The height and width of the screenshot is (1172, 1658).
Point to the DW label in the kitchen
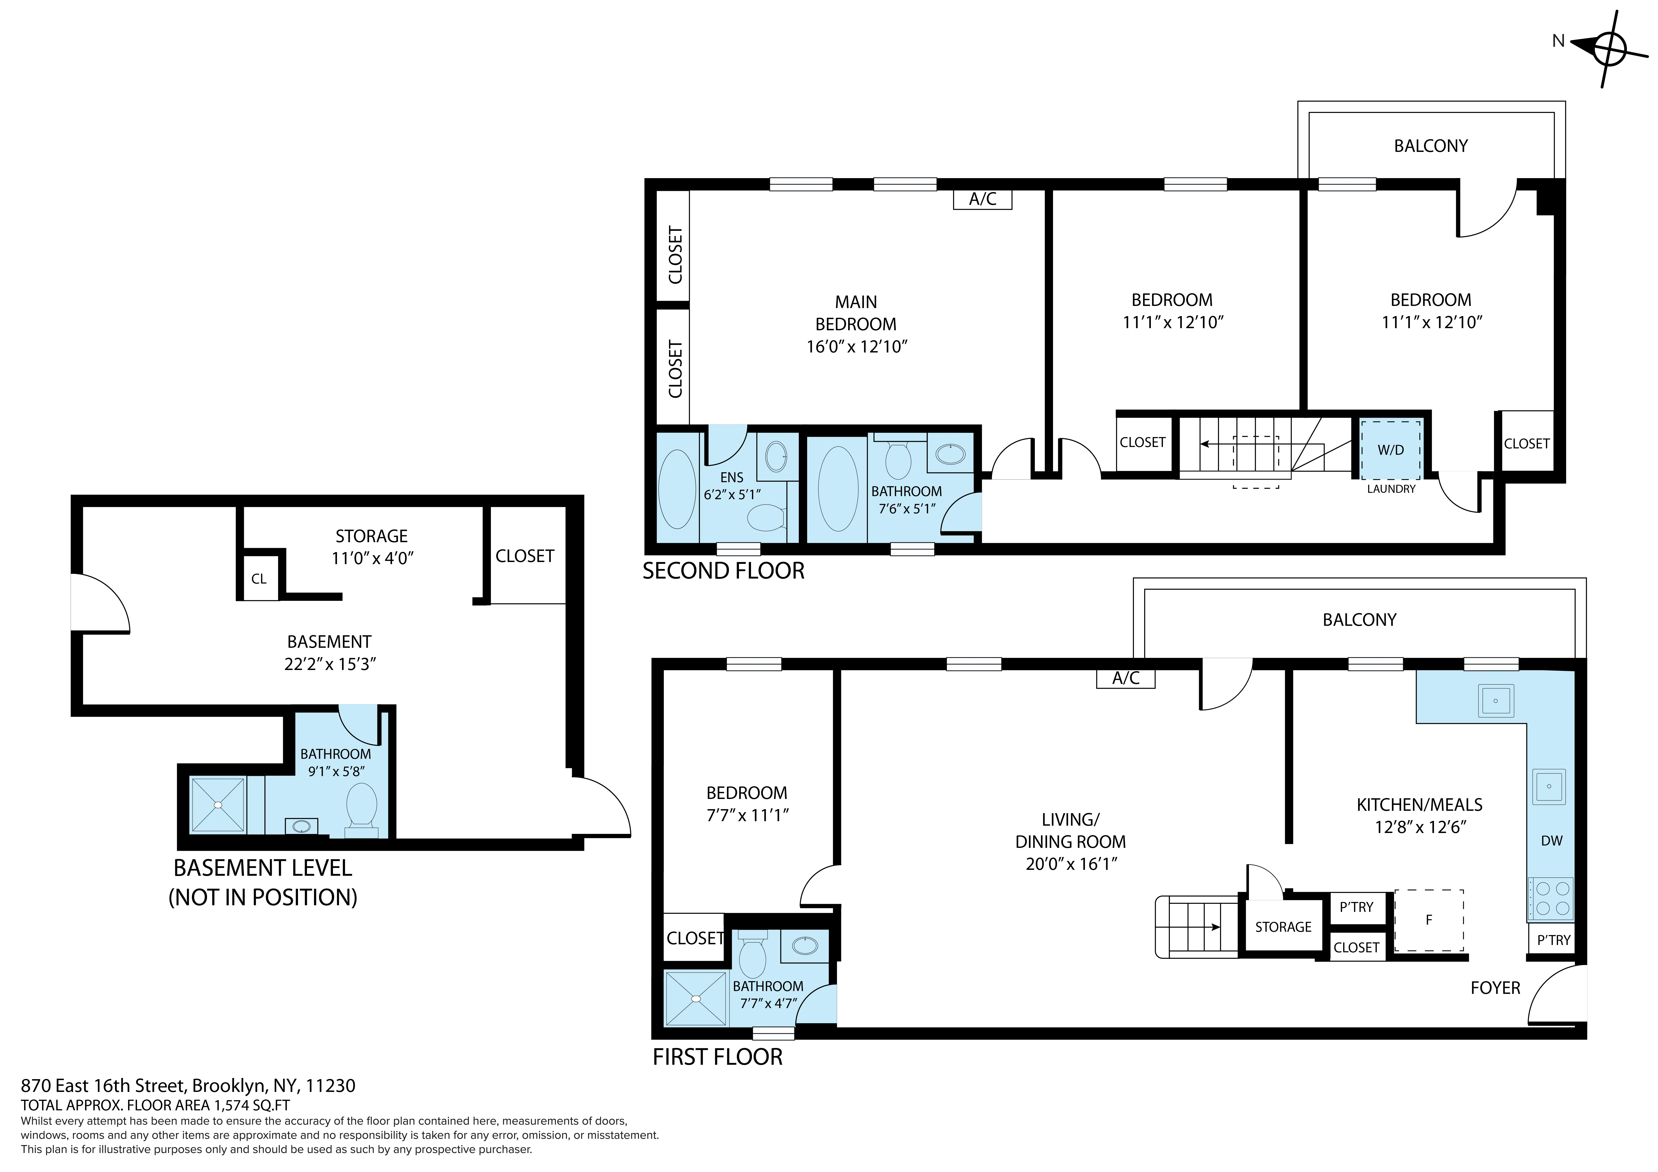tap(1551, 841)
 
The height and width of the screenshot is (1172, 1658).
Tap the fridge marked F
tap(1428, 920)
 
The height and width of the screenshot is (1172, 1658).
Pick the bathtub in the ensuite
tap(677, 489)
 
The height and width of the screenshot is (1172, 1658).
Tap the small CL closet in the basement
tap(259, 578)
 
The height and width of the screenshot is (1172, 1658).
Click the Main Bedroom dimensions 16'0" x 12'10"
tap(856, 347)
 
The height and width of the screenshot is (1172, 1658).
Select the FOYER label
tap(1495, 988)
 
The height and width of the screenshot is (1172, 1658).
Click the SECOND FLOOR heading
tap(723, 571)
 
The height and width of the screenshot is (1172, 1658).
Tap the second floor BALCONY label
tap(1430, 146)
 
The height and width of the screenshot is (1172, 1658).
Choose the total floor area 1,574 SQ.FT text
tap(155, 1105)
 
